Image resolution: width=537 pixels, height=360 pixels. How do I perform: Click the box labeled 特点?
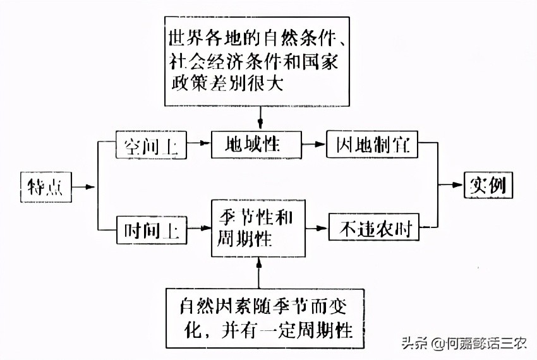pos(45,186)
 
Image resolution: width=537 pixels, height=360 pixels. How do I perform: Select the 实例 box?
pos(488,185)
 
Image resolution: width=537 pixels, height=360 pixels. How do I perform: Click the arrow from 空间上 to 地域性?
pos(198,144)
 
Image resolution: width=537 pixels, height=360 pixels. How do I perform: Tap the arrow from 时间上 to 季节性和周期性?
pos(199,227)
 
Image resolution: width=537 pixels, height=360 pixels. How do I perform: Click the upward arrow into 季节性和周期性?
pos(260,272)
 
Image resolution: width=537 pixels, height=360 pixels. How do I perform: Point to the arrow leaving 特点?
pos(85,186)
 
